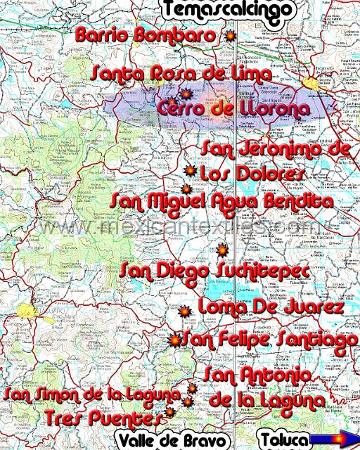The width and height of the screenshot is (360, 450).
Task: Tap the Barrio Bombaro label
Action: coord(146,34)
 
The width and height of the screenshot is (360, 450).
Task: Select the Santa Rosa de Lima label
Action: coord(181,73)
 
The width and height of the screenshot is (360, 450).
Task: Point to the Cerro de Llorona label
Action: coord(233,110)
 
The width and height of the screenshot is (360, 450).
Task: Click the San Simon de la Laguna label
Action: coord(92,394)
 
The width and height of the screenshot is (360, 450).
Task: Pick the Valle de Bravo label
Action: coord(173,440)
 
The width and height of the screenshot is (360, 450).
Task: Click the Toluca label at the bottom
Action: coord(283,440)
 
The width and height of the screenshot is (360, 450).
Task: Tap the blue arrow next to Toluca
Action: coord(334,440)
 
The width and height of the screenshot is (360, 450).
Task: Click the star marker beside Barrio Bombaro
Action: coord(229,35)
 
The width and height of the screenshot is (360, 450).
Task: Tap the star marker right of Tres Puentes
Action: coord(170,413)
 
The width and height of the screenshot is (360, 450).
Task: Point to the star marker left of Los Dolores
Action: coord(189,171)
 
